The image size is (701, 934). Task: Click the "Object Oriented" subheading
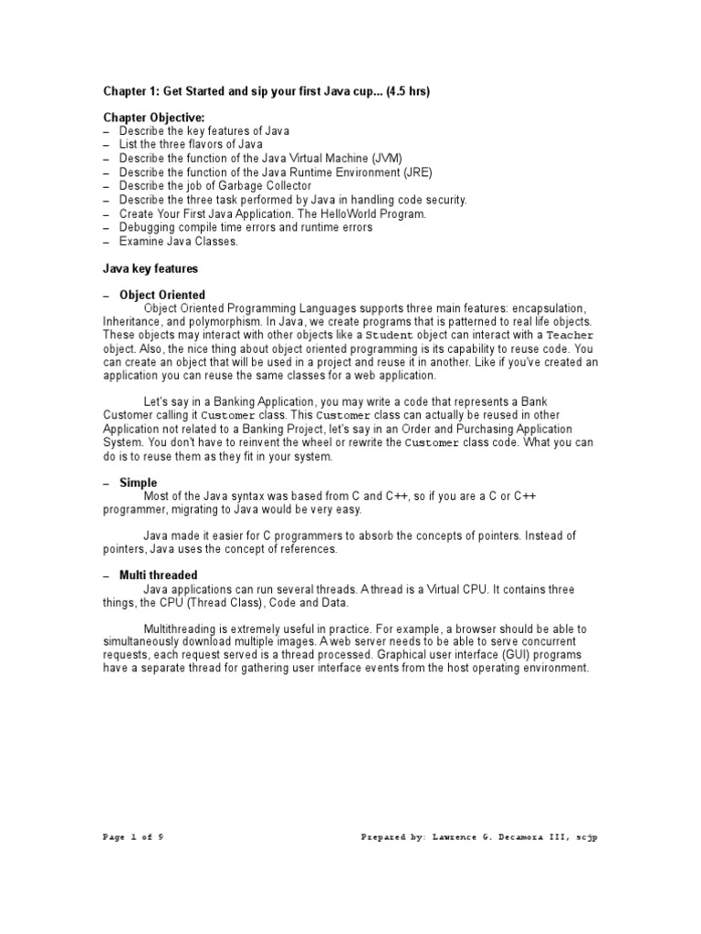coord(162,296)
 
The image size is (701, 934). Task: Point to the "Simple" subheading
coord(138,483)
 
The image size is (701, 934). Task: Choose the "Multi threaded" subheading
coord(159,576)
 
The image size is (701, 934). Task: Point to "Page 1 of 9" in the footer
coord(134,836)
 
